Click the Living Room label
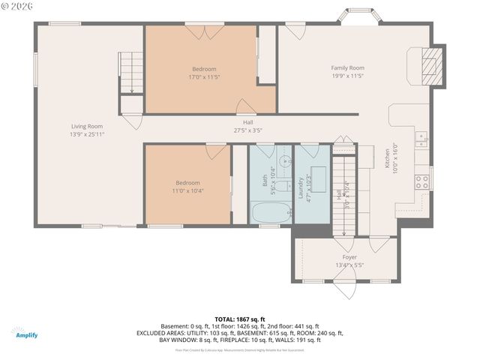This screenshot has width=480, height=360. (87, 127)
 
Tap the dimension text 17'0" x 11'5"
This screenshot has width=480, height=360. (203, 76)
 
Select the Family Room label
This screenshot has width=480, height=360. (347, 68)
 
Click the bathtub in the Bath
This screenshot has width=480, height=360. (270, 212)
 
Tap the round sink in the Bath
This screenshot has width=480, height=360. (285, 161)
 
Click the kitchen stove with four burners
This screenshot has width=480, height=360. (422, 180)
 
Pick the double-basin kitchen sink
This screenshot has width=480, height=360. (422, 137)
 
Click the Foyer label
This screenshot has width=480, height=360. (349, 257)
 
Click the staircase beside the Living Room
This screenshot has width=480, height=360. (132, 73)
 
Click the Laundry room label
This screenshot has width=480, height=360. (300, 187)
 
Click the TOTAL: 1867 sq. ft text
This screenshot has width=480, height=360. (239, 319)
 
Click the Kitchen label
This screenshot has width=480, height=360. (388, 160)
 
